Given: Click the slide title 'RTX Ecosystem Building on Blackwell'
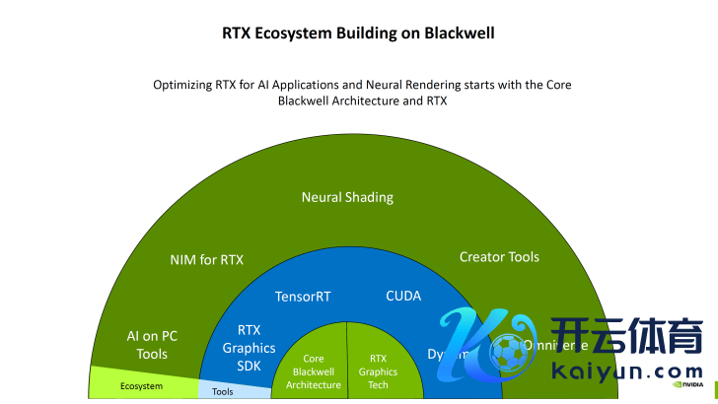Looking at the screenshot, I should click(358, 33).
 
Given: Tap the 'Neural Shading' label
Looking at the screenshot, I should click(347, 197).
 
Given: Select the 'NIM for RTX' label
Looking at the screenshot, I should click(206, 260).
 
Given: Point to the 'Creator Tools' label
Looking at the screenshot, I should click(499, 257).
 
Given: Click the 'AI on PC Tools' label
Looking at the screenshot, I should click(152, 345).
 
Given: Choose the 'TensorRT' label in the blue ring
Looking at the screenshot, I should click(303, 296).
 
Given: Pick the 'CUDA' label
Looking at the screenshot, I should click(403, 295).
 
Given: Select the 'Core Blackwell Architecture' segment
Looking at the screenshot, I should click(313, 371).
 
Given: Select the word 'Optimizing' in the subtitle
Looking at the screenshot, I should click(181, 85).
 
